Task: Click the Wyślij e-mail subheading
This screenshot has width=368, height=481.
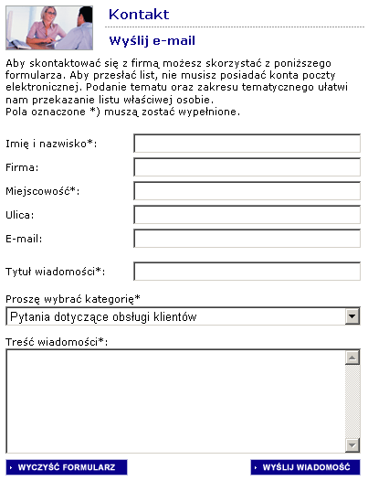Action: pyautogui.click(x=152, y=40)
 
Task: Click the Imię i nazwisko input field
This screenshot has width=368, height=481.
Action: pyautogui.click(x=247, y=144)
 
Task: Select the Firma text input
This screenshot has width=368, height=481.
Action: pyautogui.click(x=247, y=167)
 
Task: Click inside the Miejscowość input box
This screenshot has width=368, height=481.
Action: pyautogui.click(x=247, y=191)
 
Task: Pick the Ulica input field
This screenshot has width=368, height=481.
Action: pyautogui.click(x=247, y=215)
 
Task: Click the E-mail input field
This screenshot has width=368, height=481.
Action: pyautogui.click(x=247, y=239)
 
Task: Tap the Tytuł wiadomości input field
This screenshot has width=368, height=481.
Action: pyautogui.click(x=247, y=272)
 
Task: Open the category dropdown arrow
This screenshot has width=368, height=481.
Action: pyautogui.click(x=352, y=316)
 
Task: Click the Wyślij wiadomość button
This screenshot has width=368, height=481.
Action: pyautogui.click(x=305, y=467)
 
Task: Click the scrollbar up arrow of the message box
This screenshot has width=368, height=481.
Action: pyautogui.click(x=352, y=359)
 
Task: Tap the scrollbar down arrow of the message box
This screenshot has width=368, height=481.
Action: pyautogui.click(x=352, y=445)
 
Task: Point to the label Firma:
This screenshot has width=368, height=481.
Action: pyautogui.click(x=22, y=168)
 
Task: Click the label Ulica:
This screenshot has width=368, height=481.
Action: pyautogui.click(x=20, y=216)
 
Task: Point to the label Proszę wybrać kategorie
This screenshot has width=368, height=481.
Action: pyautogui.click(x=73, y=299)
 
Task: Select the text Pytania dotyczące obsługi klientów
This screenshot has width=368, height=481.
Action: pyautogui.click(x=103, y=316)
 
